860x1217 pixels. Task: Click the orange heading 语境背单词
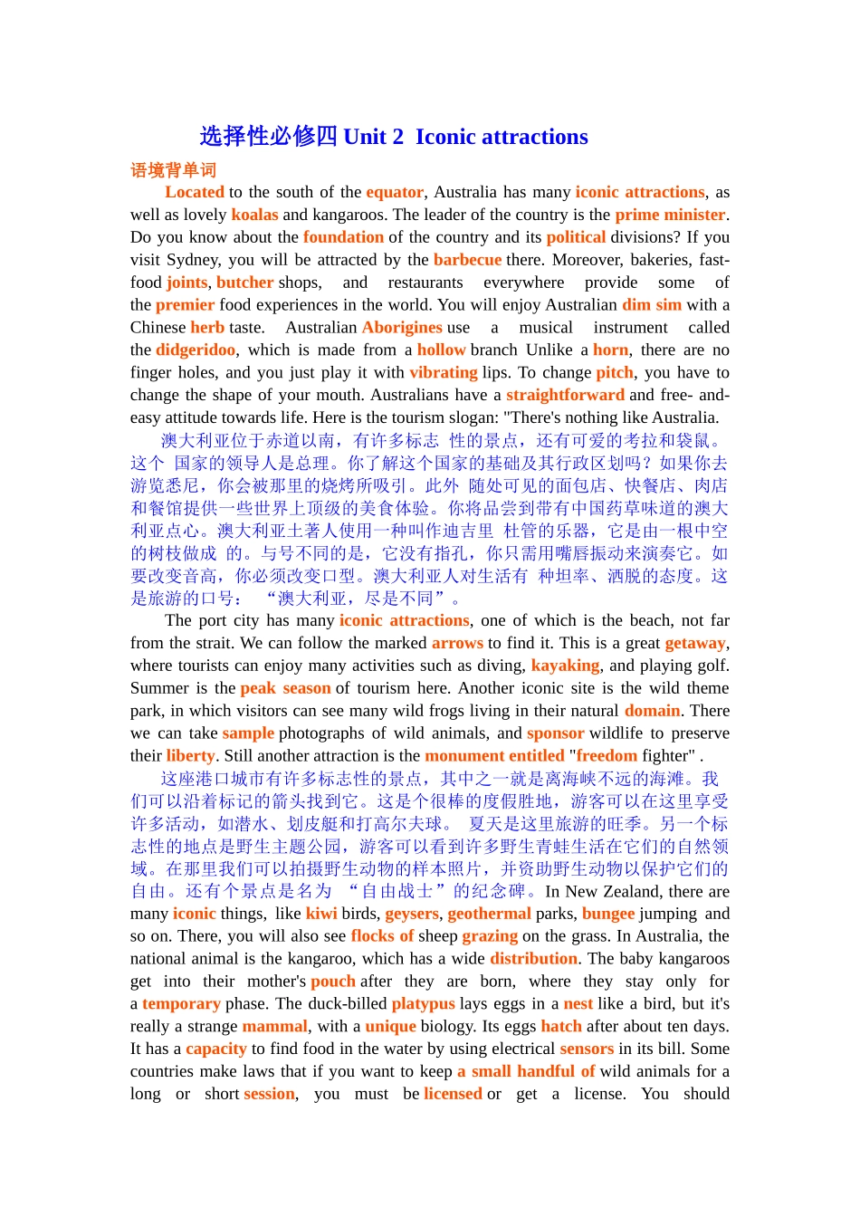(173, 170)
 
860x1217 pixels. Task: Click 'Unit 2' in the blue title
(374, 137)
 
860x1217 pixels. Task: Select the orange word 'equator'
(395, 192)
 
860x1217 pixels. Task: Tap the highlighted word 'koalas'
(254, 215)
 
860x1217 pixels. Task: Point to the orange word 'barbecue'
(467, 260)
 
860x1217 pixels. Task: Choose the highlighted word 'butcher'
(244, 283)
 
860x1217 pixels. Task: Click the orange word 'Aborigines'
(402, 328)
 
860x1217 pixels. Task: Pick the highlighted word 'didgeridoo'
(196, 350)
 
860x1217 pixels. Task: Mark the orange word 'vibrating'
(443, 373)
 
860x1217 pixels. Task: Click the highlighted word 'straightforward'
(565, 395)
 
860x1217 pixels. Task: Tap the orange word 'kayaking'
(565, 666)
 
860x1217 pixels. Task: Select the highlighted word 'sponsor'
(555, 733)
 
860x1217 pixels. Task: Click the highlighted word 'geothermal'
(489, 914)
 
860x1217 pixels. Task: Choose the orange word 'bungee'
(608, 914)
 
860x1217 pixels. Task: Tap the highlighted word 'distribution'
(533, 959)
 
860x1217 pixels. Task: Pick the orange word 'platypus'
(423, 1004)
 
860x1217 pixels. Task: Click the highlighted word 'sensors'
(587, 1049)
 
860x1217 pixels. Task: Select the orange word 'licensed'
(453, 1094)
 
